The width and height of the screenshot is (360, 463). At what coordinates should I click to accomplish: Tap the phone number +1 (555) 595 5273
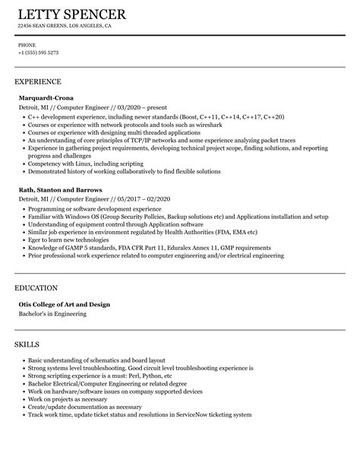point(38,52)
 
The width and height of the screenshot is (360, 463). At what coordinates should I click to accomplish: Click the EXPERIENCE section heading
point(38,81)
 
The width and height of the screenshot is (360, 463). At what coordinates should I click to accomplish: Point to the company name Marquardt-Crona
point(46,97)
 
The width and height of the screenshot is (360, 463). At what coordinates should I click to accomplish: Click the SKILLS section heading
point(29,345)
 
